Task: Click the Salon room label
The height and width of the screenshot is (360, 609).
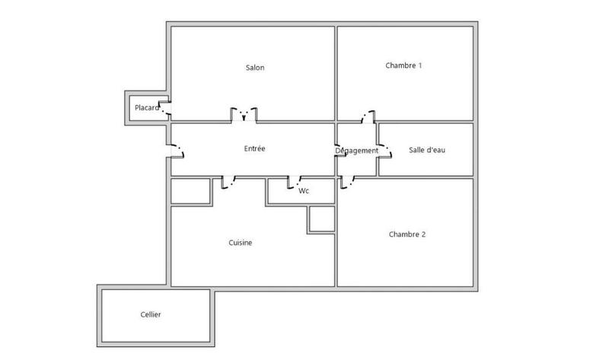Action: [x=254, y=68]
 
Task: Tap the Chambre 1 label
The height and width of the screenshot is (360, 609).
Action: [x=403, y=65]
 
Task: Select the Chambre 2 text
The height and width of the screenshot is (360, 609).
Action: [x=407, y=234]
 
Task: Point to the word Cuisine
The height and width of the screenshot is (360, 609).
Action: [x=240, y=243]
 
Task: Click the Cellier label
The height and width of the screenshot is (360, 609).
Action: [x=151, y=314]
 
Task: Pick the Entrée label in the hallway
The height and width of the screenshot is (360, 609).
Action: [x=254, y=148]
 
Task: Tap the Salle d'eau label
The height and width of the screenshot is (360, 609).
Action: [x=426, y=150]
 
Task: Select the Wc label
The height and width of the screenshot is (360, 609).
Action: [x=303, y=190]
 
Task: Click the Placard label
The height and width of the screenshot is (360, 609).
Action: [x=147, y=108]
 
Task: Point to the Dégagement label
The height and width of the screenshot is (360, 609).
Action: [x=356, y=151]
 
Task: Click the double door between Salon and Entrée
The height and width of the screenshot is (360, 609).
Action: [x=244, y=116]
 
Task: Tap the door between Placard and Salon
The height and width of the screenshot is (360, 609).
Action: [x=165, y=109]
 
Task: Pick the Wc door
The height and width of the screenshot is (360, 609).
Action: [x=295, y=181]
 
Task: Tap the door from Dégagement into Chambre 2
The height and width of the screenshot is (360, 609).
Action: [x=349, y=183]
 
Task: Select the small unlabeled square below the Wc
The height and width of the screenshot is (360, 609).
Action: [x=320, y=218]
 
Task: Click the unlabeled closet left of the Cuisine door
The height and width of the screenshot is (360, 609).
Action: [x=190, y=191]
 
